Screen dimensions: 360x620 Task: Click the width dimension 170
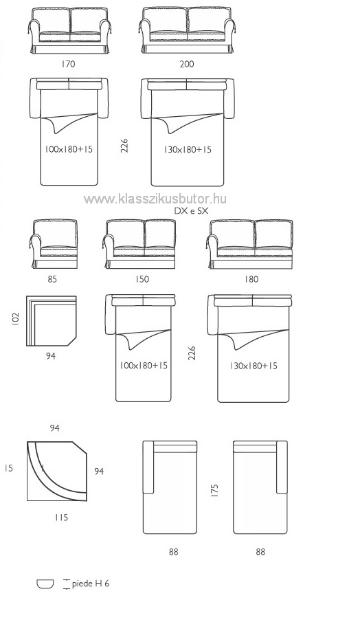click(x=68, y=64)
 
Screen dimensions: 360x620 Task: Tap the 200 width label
click(x=187, y=64)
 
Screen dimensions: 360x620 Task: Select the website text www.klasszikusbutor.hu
click(x=155, y=199)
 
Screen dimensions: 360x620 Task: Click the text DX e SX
click(x=191, y=211)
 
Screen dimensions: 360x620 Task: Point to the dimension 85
click(x=52, y=279)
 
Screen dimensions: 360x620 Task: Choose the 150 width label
click(x=142, y=279)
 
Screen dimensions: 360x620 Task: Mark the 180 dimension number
click(x=251, y=279)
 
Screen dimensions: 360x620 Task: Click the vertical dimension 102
click(x=15, y=320)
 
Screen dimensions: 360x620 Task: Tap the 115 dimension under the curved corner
click(x=61, y=517)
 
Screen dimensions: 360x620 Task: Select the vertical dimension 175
click(x=214, y=490)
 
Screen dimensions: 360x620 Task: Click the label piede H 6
click(x=91, y=584)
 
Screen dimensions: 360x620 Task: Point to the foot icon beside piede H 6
click(x=45, y=584)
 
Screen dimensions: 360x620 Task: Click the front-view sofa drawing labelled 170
click(x=69, y=30)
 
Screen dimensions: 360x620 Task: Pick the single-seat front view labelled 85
click(x=53, y=244)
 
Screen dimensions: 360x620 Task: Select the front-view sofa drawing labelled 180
click(x=250, y=244)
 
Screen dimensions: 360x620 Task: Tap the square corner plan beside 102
click(x=52, y=321)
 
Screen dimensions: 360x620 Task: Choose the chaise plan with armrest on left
click(x=170, y=487)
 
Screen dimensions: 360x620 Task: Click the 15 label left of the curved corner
click(x=9, y=468)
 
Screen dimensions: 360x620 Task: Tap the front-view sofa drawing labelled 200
click(x=187, y=30)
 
